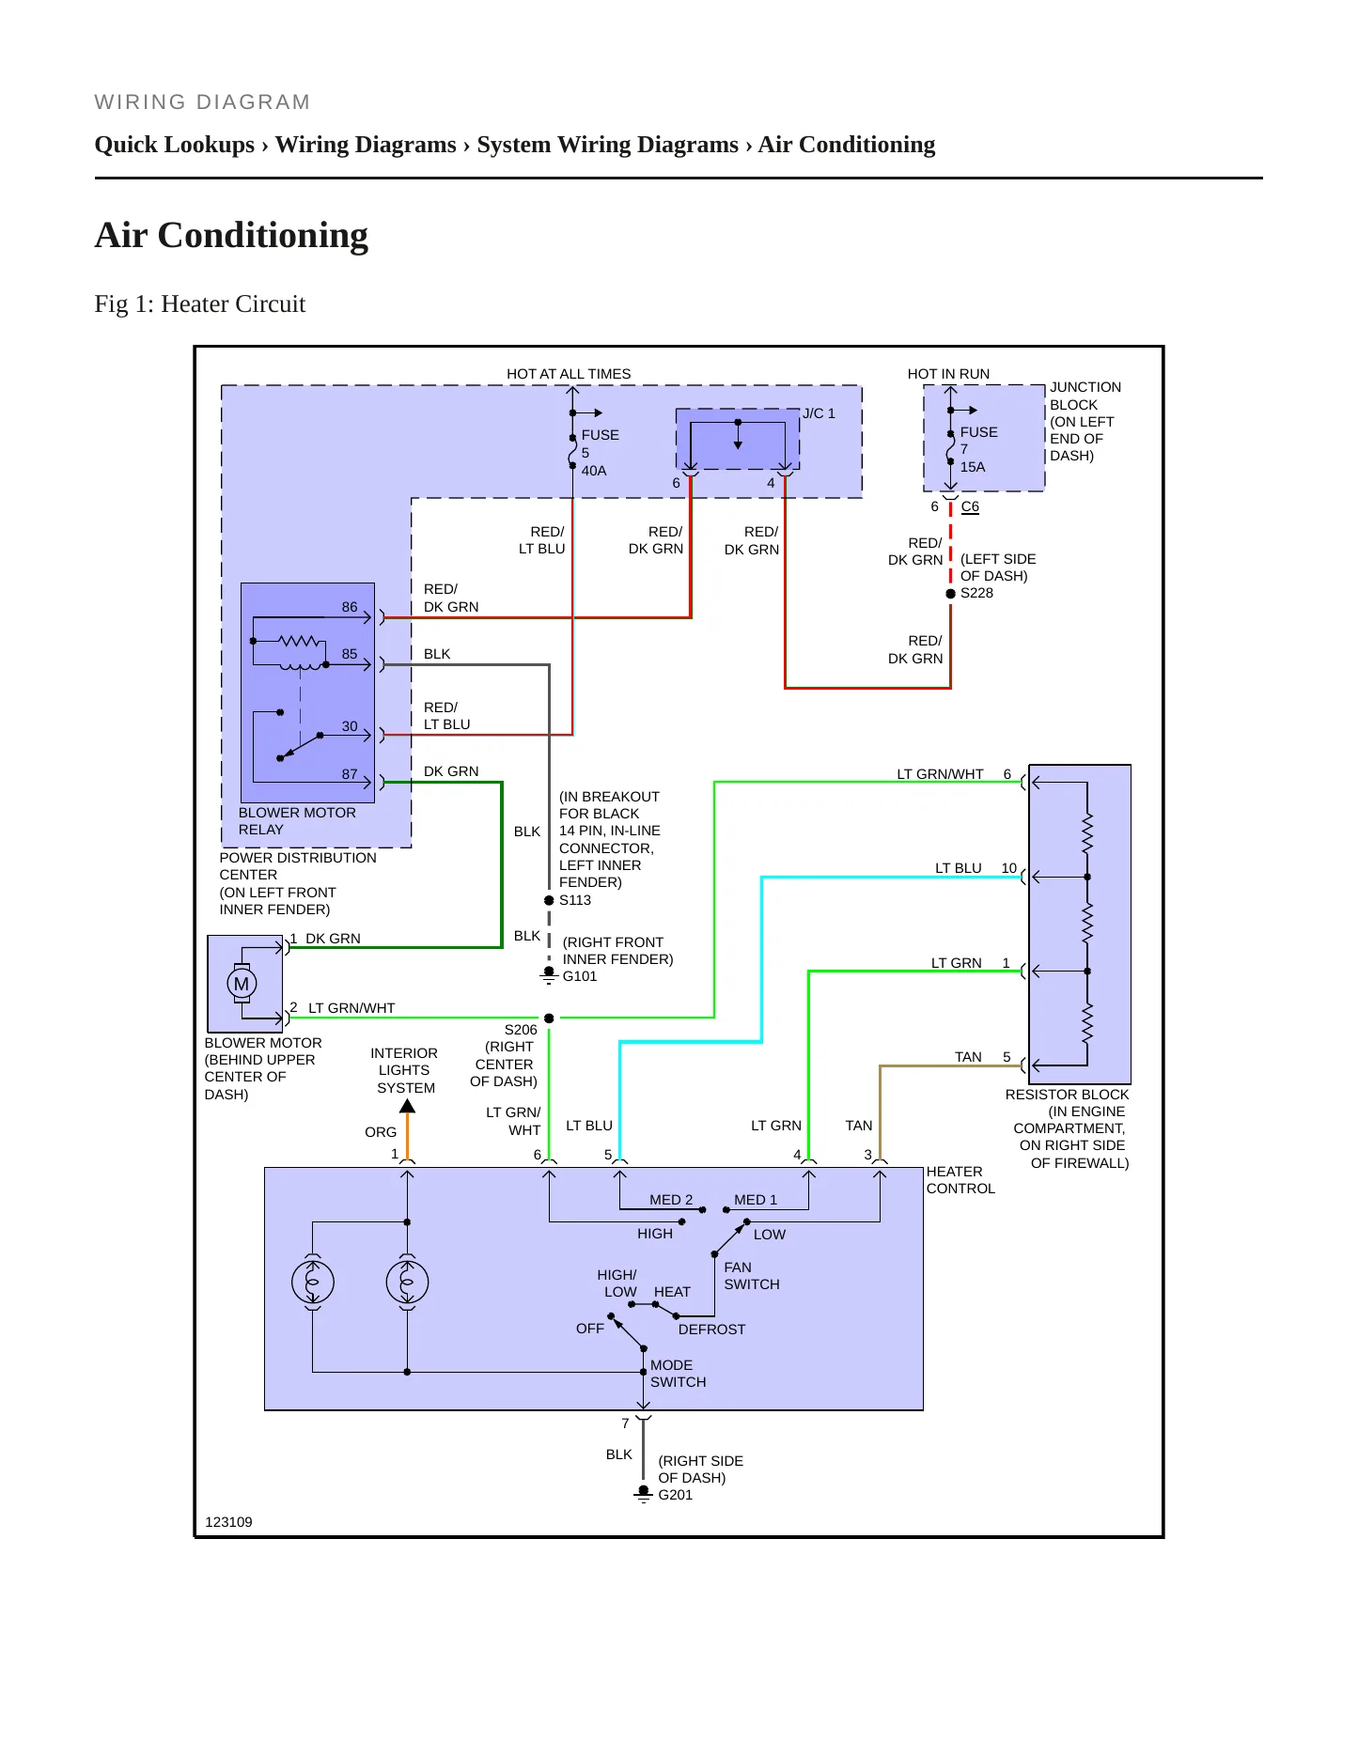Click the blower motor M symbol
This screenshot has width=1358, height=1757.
pos(242,984)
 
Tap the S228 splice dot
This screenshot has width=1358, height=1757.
pos(950,594)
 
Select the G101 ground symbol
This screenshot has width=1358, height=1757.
pos(549,975)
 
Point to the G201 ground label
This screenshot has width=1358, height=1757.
pos(675,1495)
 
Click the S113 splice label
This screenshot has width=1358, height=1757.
pos(575,900)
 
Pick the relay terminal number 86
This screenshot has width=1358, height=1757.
pos(350,607)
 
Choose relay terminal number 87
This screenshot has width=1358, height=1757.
pos(350,774)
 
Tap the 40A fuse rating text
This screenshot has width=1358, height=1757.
pos(594,471)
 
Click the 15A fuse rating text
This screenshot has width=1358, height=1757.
pos(973,467)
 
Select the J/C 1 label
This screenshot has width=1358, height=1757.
pos(819,413)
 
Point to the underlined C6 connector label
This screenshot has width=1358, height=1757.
pos(970,506)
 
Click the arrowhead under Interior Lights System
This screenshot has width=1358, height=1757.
pos(407,1107)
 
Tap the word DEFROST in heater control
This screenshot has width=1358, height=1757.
pos(711,1329)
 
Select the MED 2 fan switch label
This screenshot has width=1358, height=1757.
pos(671,1200)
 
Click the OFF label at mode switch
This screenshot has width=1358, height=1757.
pos(590,1329)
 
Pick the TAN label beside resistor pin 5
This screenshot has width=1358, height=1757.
pos(968,1057)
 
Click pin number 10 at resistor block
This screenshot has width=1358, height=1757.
pos(1009,868)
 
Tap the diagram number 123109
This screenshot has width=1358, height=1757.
pos(228,1522)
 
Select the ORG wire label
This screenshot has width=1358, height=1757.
pos(381,1132)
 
